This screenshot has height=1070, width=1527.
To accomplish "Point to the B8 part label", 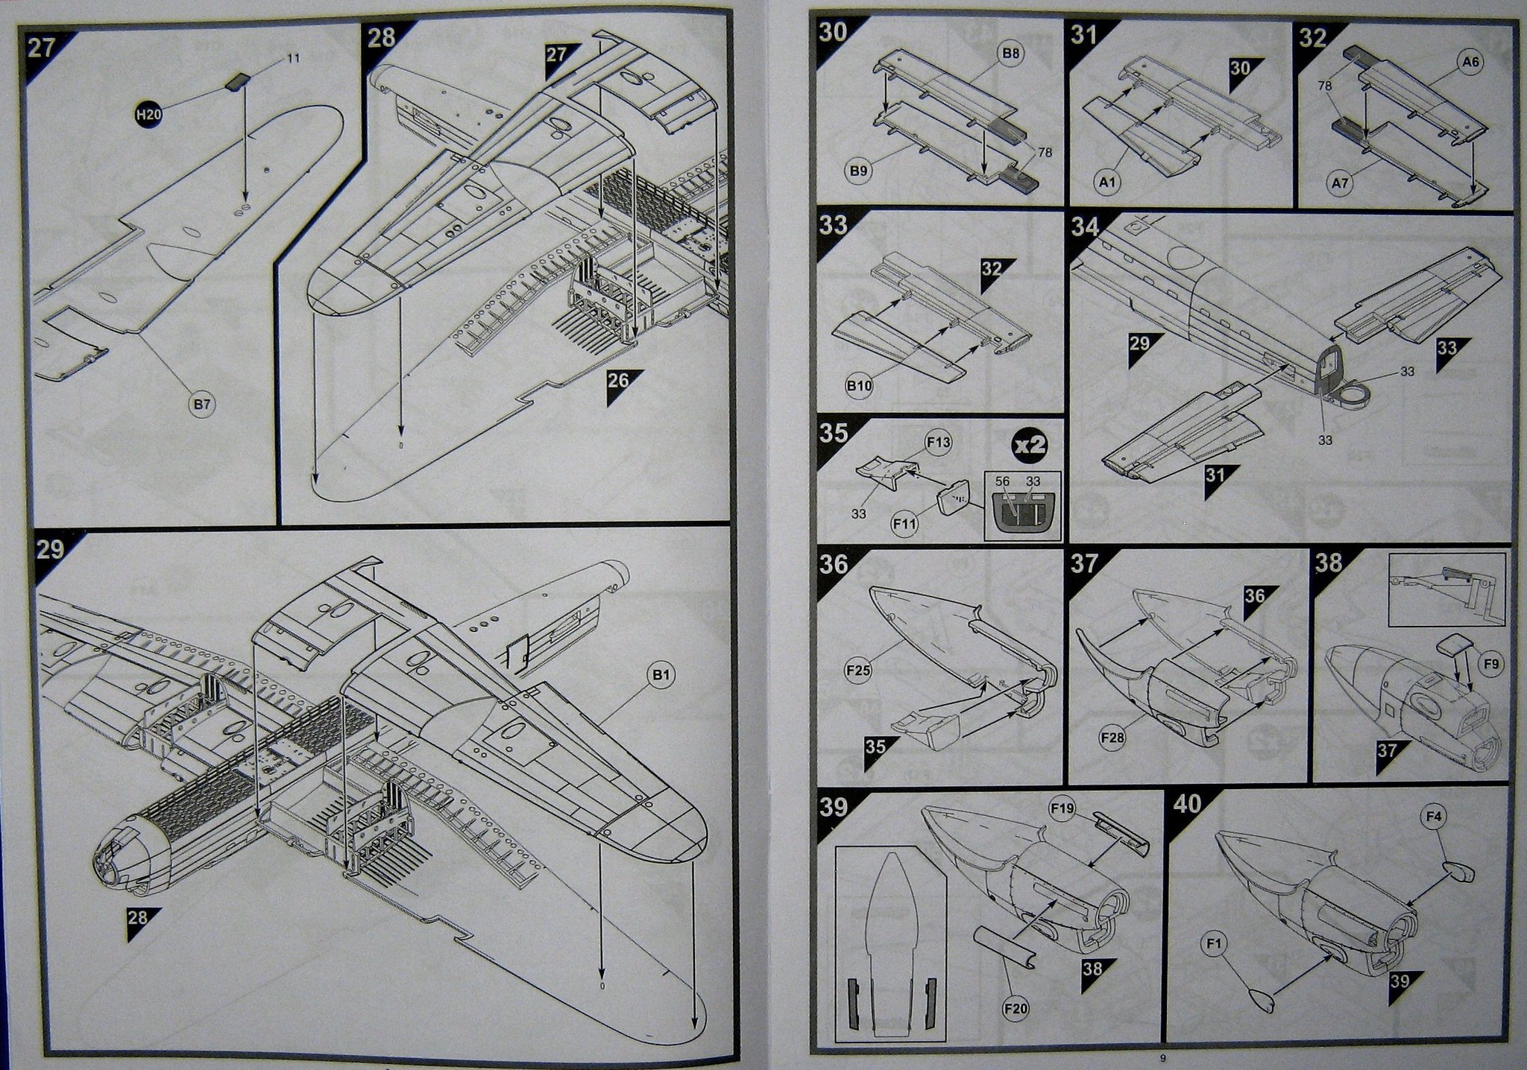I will point(1010,54).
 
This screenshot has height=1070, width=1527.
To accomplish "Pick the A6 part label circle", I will point(1470,63).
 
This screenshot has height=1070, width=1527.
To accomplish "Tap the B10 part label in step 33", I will point(858,386).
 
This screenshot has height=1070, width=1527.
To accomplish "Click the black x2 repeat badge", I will point(1029,446).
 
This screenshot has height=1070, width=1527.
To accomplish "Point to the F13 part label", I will point(938,443).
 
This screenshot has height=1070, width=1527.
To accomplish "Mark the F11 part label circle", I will point(905,524).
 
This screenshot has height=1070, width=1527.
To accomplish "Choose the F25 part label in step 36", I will point(858,671).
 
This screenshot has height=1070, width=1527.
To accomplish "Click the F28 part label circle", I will point(1111,738).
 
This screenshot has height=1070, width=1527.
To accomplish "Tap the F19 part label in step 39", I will point(1061,808).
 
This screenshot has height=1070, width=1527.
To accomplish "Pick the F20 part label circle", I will point(1016,1009).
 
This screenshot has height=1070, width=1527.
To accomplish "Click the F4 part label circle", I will point(1432,817).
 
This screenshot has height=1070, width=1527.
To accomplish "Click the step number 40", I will point(1188,805).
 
